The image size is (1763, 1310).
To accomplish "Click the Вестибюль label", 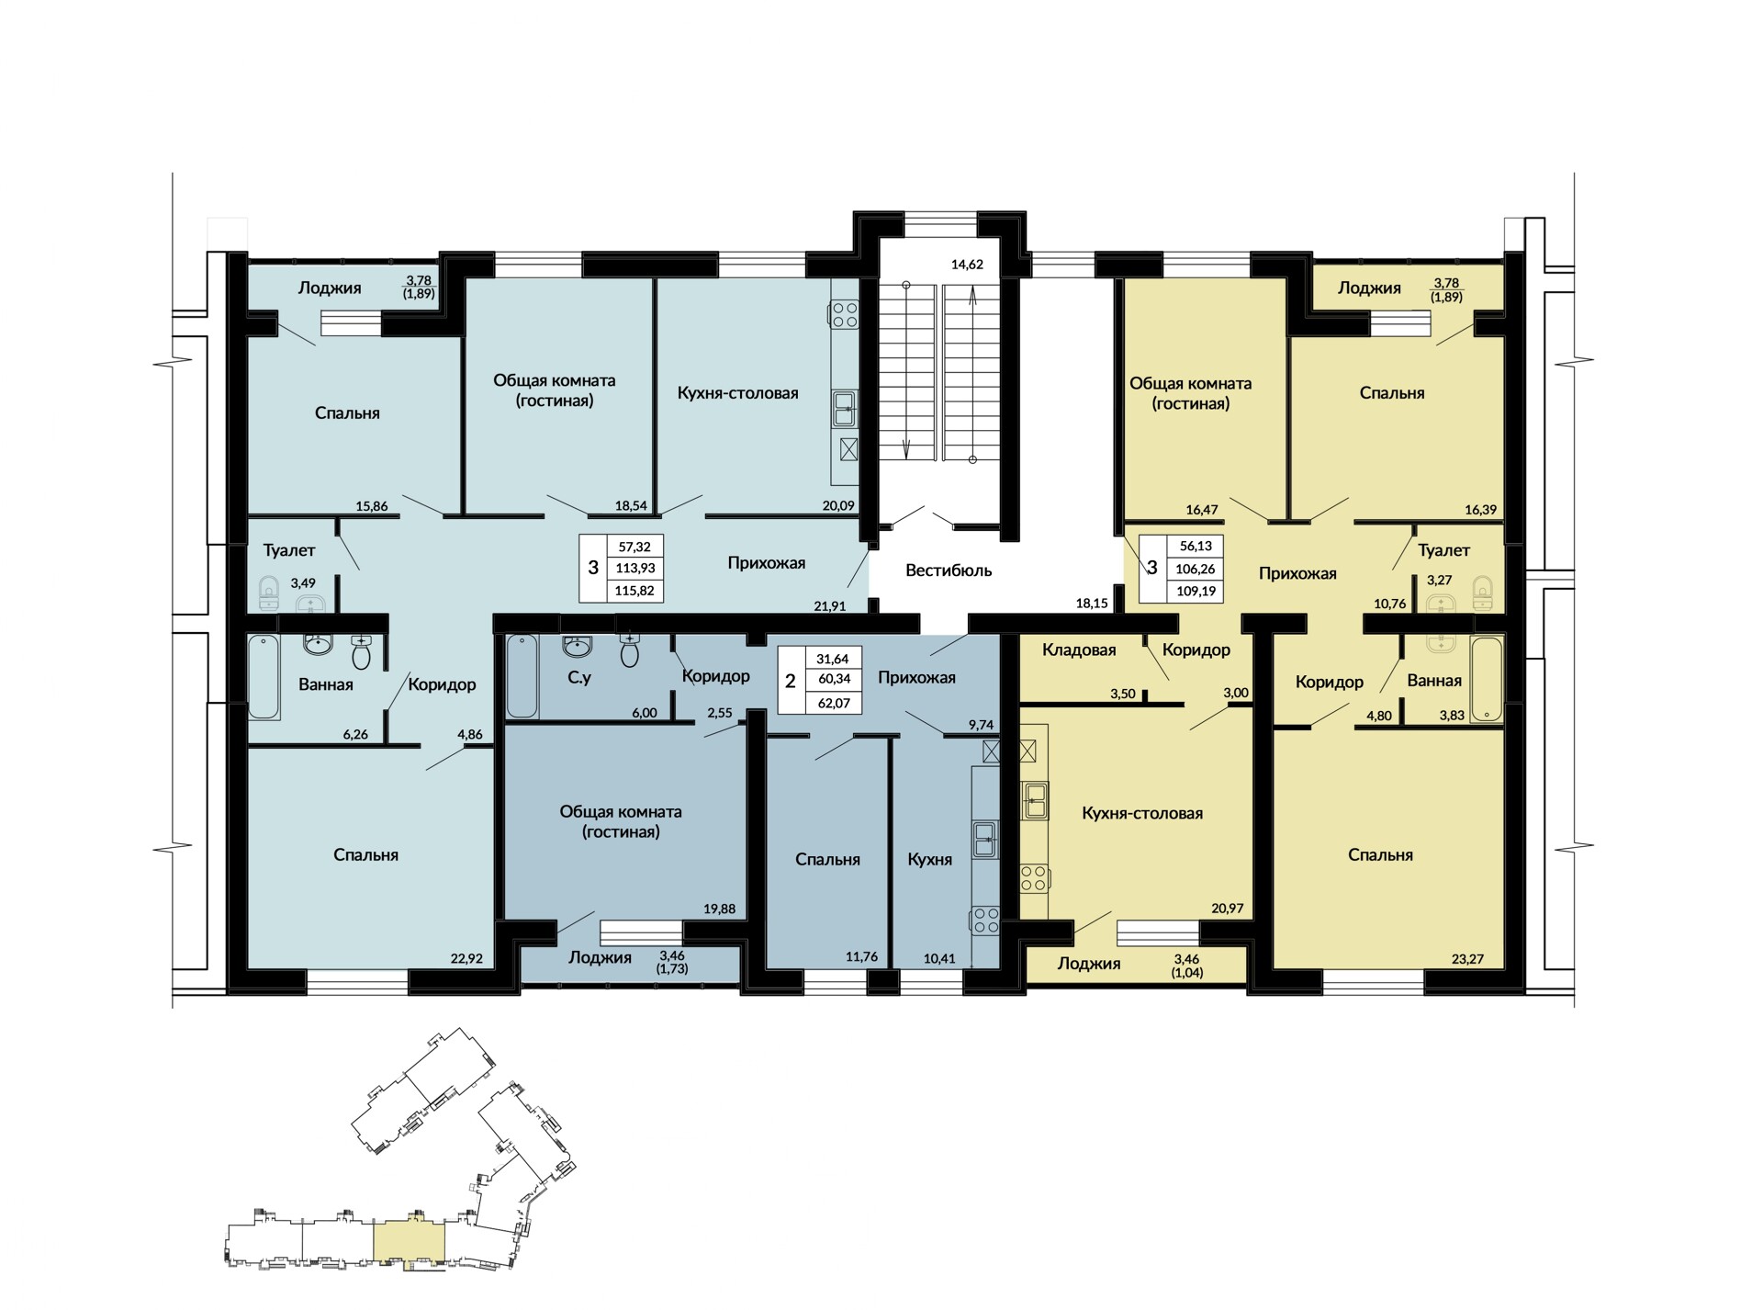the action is click(x=949, y=570).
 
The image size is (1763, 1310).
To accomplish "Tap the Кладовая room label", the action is click(x=1079, y=650).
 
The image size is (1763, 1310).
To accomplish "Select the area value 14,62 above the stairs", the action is click(x=967, y=265).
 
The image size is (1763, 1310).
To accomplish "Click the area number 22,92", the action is click(x=466, y=959).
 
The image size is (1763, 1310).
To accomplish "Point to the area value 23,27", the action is click(x=1467, y=959).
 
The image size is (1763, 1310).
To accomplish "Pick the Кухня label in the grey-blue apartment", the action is click(x=929, y=860).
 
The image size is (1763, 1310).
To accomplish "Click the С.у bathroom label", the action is click(x=579, y=678).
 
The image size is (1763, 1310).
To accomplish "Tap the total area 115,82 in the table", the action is click(x=634, y=591).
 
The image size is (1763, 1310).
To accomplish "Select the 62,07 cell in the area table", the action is click(x=834, y=704).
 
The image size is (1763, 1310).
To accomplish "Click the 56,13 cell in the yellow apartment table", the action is click(x=1196, y=546).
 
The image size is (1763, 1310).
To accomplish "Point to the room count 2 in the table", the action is click(x=791, y=682).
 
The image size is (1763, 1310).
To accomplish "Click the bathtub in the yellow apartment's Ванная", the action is click(x=1486, y=679).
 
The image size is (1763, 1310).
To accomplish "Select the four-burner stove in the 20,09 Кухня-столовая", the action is click(x=845, y=315).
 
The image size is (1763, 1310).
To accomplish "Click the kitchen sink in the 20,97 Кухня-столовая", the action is click(x=1035, y=800).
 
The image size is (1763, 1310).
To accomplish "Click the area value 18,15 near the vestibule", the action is click(x=1092, y=604).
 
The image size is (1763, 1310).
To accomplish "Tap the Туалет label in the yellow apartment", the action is click(x=1443, y=550).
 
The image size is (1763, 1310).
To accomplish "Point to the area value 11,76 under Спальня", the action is click(x=861, y=957).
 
